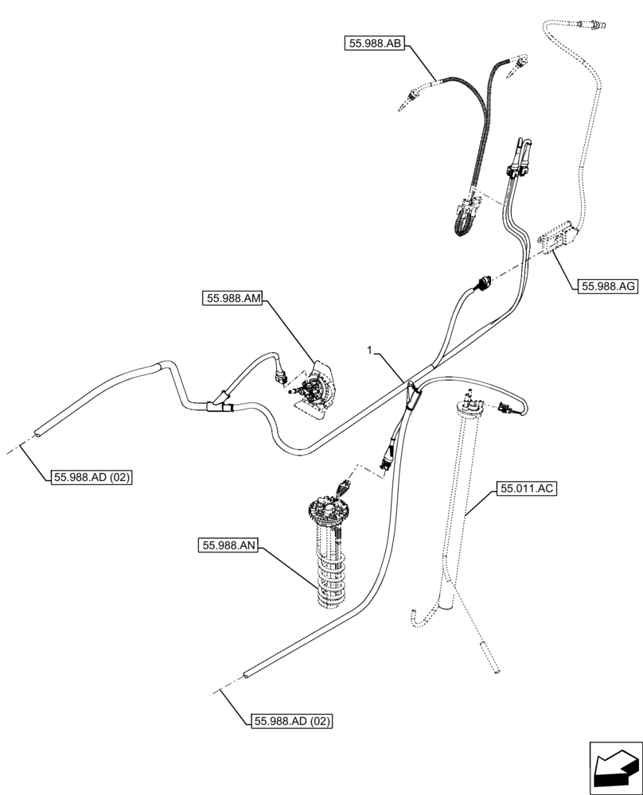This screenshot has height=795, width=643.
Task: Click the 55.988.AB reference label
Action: coord(376,44)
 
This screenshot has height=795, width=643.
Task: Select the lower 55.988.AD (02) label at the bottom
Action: coord(291,721)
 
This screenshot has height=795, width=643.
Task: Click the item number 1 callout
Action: coord(369,350)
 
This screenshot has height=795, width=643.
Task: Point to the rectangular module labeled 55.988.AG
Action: coord(559,236)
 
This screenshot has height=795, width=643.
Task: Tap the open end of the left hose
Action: coord(37,434)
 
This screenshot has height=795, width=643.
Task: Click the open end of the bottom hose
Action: coord(247,674)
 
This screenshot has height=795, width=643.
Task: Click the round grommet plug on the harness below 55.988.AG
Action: coord(481,283)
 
